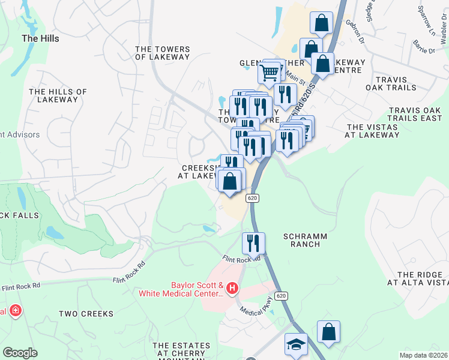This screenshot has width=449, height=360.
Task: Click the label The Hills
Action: (40, 38)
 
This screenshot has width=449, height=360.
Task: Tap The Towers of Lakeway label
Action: (162, 53)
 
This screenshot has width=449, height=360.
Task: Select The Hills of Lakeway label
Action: (58, 95)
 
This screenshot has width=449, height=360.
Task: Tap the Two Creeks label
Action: (86, 314)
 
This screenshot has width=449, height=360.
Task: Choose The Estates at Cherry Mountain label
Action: (181, 350)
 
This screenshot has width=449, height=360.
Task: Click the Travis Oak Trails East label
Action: (415, 114)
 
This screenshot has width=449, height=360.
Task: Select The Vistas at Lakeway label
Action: (372, 131)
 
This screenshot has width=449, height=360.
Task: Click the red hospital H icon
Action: (232, 289)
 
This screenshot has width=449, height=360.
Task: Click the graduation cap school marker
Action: (295, 344)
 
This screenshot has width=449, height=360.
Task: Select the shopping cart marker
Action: (270, 73)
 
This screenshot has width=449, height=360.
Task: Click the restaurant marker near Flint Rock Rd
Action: (253, 243)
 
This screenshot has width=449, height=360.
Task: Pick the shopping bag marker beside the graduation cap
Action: (328, 331)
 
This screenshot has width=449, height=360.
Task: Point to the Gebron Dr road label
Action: (355, 32)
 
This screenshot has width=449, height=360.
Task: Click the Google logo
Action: (20, 353)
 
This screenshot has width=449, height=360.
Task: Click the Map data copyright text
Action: (424, 355)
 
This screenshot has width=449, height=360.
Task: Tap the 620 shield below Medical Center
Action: (282, 296)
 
